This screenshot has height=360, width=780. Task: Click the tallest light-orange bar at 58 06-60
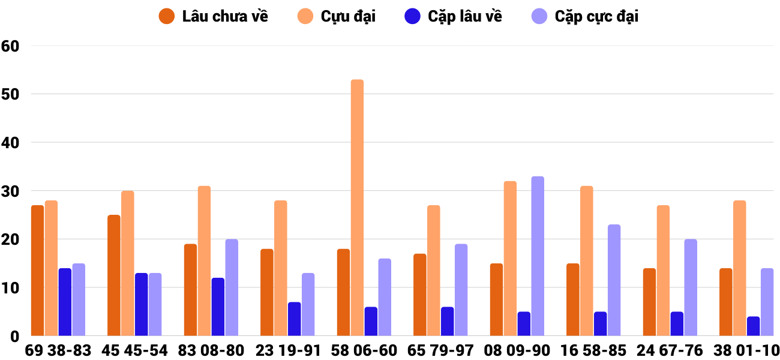[x=357, y=208]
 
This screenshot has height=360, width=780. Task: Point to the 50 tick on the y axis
[x=11, y=94]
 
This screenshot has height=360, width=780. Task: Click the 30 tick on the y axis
[x=11, y=191]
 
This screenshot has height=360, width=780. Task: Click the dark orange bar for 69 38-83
[x=37, y=271]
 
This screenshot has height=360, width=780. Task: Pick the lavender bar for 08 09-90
[x=538, y=256]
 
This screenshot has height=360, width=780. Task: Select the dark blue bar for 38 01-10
[x=754, y=326]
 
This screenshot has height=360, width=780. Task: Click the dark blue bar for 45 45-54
[x=142, y=305]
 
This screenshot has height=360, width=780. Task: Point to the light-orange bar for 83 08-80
[x=204, y=261]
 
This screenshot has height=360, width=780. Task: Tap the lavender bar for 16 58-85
[x=614, y=280]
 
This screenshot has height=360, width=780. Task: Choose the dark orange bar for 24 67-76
[x=649, y=302]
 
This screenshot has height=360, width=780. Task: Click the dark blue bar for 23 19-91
[x=294, y=319]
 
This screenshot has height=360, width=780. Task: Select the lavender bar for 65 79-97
[x=461, y=290]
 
